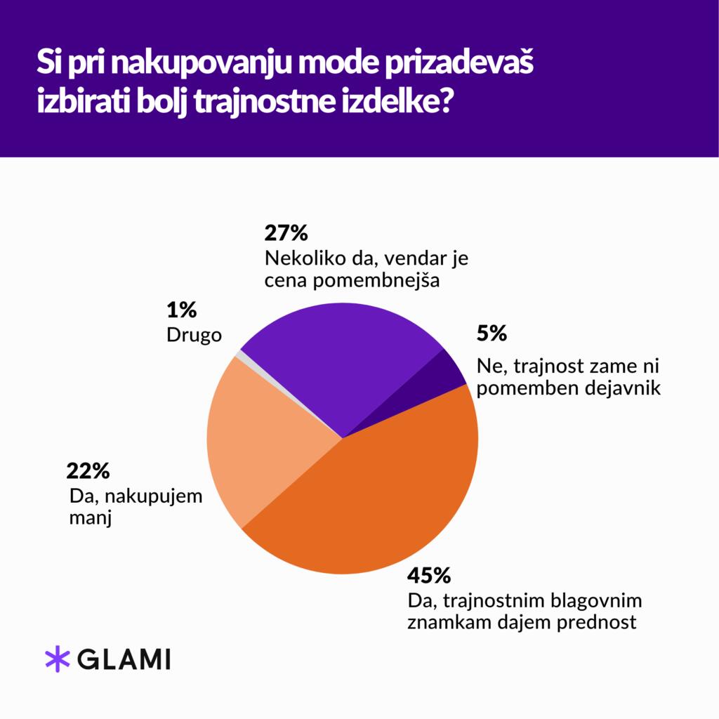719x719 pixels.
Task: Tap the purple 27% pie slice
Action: click(337, 358)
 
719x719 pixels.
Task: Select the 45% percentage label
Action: click(428, 576)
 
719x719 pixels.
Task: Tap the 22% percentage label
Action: click(87, 470)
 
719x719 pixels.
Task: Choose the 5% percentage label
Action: click(491, 334)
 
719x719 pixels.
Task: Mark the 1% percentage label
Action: click(181, 308)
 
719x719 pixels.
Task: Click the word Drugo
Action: click(194, 335)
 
